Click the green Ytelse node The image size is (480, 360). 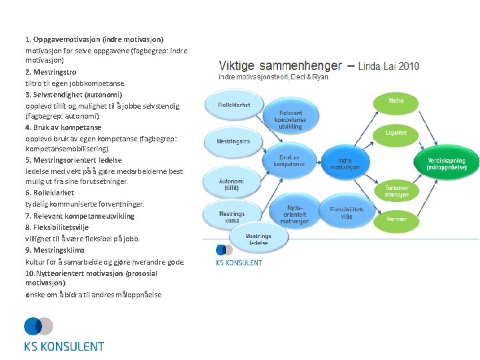pyautogui.click(x=396, y=101)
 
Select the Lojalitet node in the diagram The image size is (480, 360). pyautogui.click(x=396, y=133)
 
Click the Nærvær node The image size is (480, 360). pyautogui.click(x=396, y=218)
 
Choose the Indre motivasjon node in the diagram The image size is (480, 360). pyautogui.click(x=345, y=163)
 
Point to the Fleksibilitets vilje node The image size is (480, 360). pyautogui.click(x=347, y=212)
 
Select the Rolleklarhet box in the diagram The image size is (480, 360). pyautogui.click(x=234, y=105)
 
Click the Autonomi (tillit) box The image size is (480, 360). pyautogui.click(x=231, y=184)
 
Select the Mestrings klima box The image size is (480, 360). pyautogui.click(x=231, y=217)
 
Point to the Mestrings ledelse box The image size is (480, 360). pyautogui.click(x=258, y=239)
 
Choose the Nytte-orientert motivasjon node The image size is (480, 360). pyautogui.click(x=294, y=214)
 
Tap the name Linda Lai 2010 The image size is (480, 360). pyautogui.click(x=389, y=66)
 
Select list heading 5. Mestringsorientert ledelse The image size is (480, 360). pyautogui.click(x=73, y=160)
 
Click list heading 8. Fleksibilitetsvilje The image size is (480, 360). pyautogui.click(x=73, y=227)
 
